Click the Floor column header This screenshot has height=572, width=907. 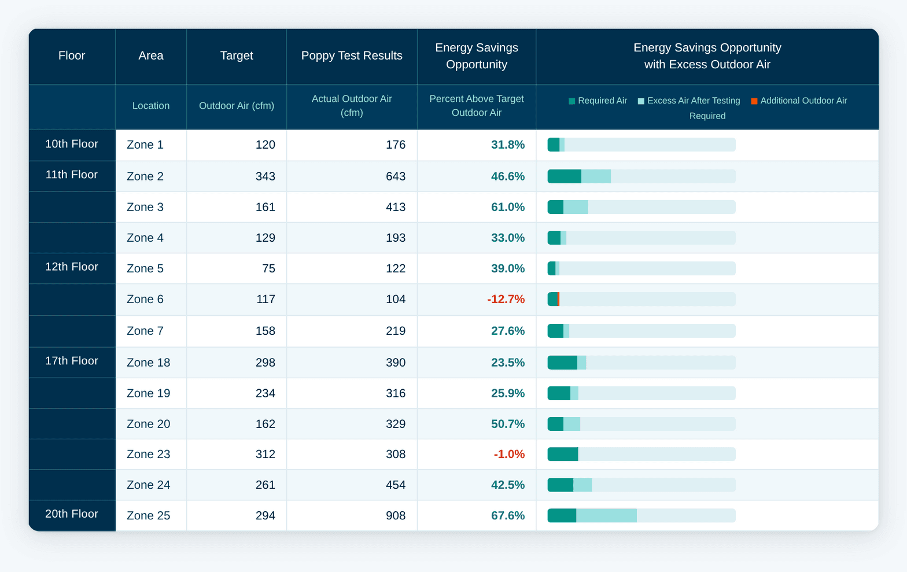pos(72,56)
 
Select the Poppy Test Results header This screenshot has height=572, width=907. pos(352,56)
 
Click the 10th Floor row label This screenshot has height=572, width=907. pos(72,144)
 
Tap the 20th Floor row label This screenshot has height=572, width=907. pos(72,514)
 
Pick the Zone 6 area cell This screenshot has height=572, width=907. pos(145,299)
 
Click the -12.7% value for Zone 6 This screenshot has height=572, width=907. pos(506,299)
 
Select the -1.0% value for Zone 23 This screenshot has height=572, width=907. pos(509,454)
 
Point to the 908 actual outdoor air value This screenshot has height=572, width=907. pos(396,515)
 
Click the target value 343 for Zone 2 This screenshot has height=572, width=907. pos(265,176)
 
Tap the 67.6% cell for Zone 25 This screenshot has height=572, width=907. pos(508,515)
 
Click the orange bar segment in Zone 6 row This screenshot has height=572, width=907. pos(558,299)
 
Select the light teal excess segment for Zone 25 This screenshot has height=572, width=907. pos(606,515)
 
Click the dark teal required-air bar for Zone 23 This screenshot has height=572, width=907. pos(563,454)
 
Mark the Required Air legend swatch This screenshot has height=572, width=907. pos(572,101)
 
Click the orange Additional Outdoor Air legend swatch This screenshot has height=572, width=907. pos(754,101)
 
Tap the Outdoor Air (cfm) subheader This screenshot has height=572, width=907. pos(237,106)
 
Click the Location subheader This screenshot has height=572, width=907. pos(151,106)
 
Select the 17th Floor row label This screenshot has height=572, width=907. pos(72,361)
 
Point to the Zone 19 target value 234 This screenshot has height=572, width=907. pos(265,393)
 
